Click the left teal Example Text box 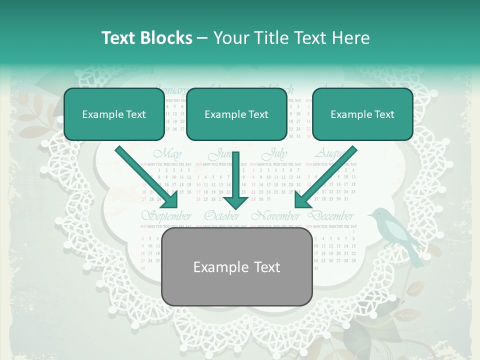[x=114, y=114]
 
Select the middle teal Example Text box [x=236, y=114]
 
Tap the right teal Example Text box [x=362, y=114]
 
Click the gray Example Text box [x=237, y=267]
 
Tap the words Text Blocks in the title [x=146, y=38]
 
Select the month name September [x=166, y=216]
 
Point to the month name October [x=221, y=216]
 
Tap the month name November [x=275, y=216]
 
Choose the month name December [x=331, y=216]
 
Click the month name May [x=167, y=153]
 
